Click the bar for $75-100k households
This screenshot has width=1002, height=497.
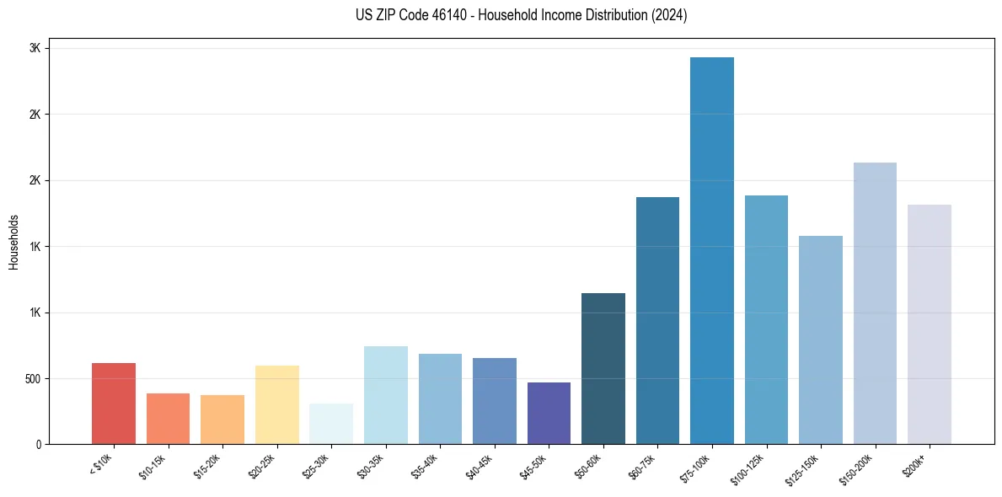pyautogui.click(x=712, y=250)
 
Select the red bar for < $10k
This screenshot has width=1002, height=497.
pyautogui.click(x=114, y=403)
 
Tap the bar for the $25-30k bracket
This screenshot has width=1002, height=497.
pyautogui.click(x=331, y=424)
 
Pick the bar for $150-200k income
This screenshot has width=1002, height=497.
pyautogui.click(x=875, y=303)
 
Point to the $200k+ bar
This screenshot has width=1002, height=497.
pyautogui.click(x=930, y=324)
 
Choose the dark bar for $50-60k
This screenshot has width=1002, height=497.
pyautogui.click(x=603, y=368)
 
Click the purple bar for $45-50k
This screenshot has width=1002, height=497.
pyautogui.click(x=549, y=413)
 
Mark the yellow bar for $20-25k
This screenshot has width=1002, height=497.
pyautogui.click(x=277, y=404)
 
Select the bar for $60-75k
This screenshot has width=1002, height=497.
pyautogui.click(x=657, y=320)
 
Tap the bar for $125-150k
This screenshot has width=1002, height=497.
pyautogui.click(x=821, y=339)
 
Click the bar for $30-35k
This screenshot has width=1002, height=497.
pyautogui.click(x=386, y=395)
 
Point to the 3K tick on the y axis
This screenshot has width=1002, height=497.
pyautogui.click(x=35, y=49)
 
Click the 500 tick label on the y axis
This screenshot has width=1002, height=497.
pyautogui.click(x=32, y=379)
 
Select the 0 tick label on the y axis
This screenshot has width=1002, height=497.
pyautogui.click(x=39, y=445)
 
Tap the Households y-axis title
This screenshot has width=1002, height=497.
pyautogui.click(x=13, y=242)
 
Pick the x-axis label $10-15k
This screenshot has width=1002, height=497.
pyautogui.click(x=152, y=465)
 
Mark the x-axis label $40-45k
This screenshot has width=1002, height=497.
pyautogui.click(x=478, y=465)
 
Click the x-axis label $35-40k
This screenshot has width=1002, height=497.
pyautogui.click(x=424, y=465)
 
